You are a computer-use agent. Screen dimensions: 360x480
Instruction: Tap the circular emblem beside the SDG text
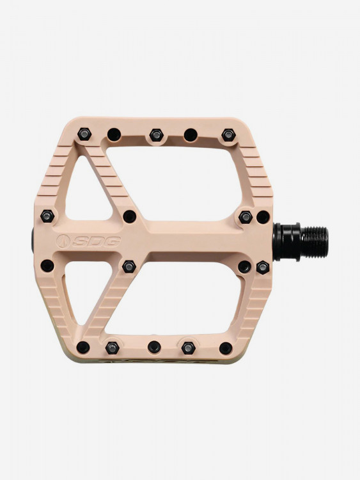pyautogui.click(x=63, y=241)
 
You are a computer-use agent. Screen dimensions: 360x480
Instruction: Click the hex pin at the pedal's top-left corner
pyautogui.click(x=84, y=134)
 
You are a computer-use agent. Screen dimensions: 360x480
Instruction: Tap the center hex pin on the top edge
pyautogui.click(x=157, y=134)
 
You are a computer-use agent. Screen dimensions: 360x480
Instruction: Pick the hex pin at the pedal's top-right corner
pyautogui.click(x=228, y=134)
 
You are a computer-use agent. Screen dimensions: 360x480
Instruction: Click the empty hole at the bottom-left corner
pyautogui.click(x=83, y=348)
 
